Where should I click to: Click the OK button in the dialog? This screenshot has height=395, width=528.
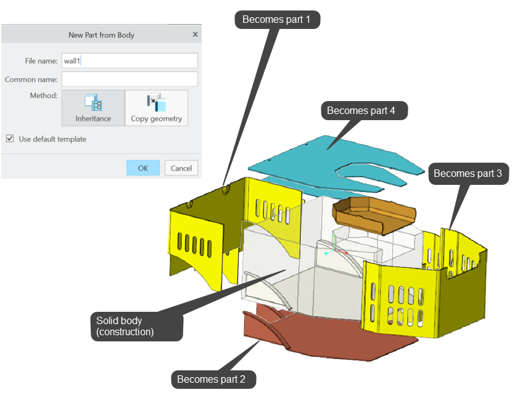click(142, 168)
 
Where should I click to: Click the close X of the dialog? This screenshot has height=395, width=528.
click(195, 35)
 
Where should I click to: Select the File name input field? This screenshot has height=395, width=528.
click(130, 60)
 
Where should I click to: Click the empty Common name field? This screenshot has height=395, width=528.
click(130, 79)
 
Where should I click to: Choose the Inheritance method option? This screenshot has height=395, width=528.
click(93, 108)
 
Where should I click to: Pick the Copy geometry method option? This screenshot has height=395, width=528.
click(156, 108)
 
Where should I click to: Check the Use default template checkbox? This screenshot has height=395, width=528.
click(10, 139)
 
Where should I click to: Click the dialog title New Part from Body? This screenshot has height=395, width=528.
click(101, 35)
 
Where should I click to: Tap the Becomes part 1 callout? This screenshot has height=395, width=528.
click(277, 20)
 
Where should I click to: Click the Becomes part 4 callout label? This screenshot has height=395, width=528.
click(361, 110)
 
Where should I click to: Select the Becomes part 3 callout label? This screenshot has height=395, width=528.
click(468, 174)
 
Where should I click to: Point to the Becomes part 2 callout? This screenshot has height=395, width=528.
click(212, 379)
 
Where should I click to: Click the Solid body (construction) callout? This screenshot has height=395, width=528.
click(136, 327)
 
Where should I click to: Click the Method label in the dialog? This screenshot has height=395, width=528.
click(44, 96)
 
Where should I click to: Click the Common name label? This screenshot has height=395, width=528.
click(31, 79)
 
